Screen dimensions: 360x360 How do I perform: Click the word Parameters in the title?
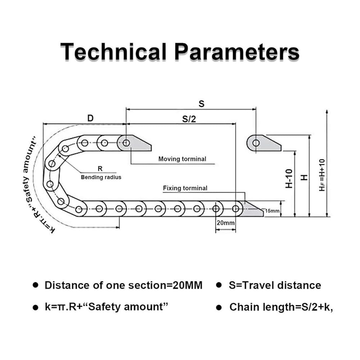(x=237, y=51)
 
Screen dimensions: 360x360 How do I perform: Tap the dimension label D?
(x=90, y=118)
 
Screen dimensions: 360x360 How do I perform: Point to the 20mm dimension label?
(x=225, y=223)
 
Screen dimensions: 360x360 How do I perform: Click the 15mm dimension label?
(x=272, y=211)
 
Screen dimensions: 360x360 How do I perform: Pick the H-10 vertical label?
(x=289, y=179)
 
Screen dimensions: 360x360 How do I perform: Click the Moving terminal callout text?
(x=182, y=159)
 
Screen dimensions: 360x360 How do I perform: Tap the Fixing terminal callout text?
(x=185, y=188)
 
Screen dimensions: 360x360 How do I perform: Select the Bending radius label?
(x=101, y=177)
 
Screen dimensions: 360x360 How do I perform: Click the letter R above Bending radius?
(x=100, y=168)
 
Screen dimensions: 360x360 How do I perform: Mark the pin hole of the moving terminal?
(x=126, y=143)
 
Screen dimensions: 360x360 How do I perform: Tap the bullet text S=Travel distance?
(x=275, y=285)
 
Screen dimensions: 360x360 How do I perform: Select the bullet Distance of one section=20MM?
(x=123, y=285)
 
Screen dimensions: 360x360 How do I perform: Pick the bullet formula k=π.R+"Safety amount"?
(x=107, y=307)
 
